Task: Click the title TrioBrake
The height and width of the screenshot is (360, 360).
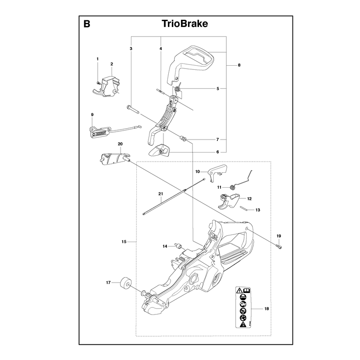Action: pos(185,24)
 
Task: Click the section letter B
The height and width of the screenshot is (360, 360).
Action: pos(87,24)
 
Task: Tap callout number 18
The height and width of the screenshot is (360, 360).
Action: pos(266,309)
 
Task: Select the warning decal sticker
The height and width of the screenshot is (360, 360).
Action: pos(243,307)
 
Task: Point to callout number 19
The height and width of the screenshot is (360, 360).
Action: pos(279,236)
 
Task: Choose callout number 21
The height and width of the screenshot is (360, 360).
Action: pos(161,194)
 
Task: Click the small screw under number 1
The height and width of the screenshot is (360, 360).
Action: pos(98,82)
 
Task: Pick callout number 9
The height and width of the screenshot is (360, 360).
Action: pos(92,115)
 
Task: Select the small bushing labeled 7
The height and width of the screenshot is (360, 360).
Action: pos(183,139)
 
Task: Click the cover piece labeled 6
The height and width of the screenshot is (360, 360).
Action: pos(159,150)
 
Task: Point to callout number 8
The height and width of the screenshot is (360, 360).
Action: pos(239,65)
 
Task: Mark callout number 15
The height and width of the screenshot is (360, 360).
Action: pos(124,242)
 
